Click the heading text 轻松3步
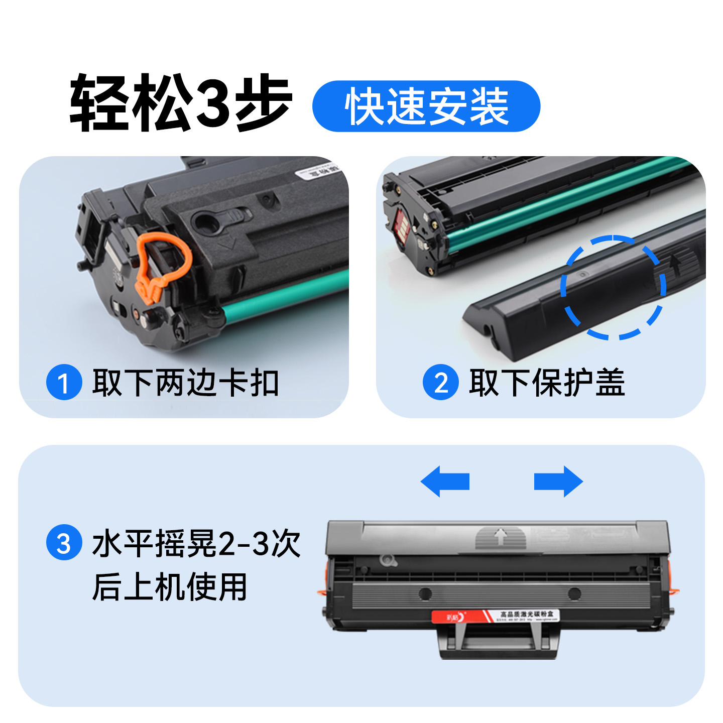pyautogui.click(x=181, y=103)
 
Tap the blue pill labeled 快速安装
pyautogui.click(x=426, y=106)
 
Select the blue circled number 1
pyautogui.click(x=64, y=383)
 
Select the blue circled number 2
pyautogui.click(x=440, y=383)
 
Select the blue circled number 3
pyautogui.click(x=64, y=542)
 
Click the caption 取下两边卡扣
pyautogui.click(x=185, y=383)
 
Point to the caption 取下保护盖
pyautogui.click(x=547, y=383)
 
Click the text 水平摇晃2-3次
pyautogui.click(x=196, y=543)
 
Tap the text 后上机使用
pyautogui.click(x=170, y=586)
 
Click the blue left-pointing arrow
pyautogui.click(x=444, y=481)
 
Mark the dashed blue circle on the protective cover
pyautogui.click(x=613, y=287)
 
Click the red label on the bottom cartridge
pyautogui.click(x=495, y=616)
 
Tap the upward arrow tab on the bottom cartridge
pyautogui.click(x=500, y=537)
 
